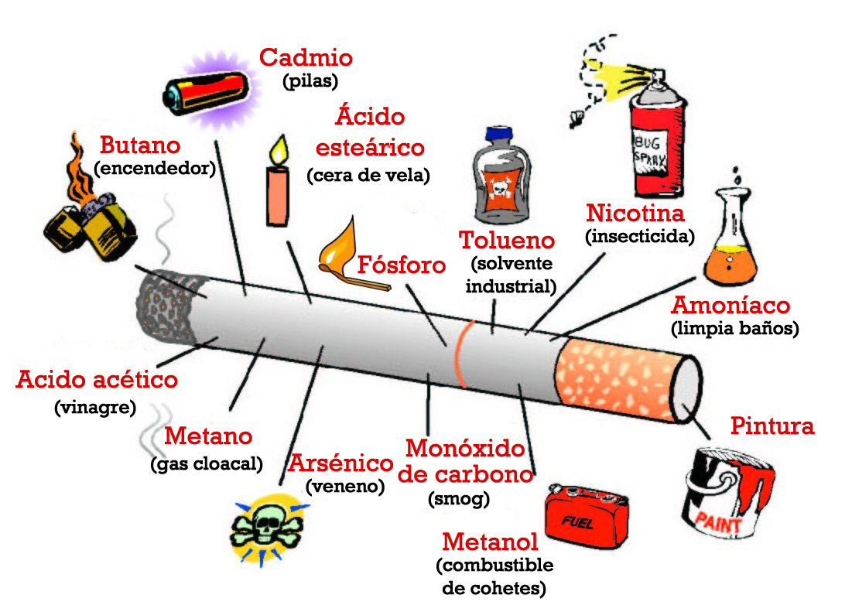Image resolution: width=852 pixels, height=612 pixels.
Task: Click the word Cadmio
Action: pyautogui.click(x=306, y=57)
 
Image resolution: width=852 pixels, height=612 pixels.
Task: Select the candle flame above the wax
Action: pyautogui.click(x=279, y=149)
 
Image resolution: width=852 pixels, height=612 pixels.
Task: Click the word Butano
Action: pyautogui.click(x=140, y=145)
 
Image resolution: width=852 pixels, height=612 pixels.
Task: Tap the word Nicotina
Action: pyautogui.click(x=635, y=213)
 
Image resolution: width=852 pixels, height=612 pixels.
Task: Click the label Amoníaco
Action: pyautogui.click(x=731, y=305)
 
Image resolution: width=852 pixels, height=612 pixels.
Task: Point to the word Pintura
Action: pyautogui.click(x=772, y=426)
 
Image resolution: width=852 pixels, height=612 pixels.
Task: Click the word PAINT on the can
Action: pyautogui.click(x=718, y=522)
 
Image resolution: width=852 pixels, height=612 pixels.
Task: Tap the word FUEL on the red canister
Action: pyautogui.click(x=577, y=522)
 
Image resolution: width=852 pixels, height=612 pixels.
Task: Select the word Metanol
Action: pyautogui.click(x=490, y=542)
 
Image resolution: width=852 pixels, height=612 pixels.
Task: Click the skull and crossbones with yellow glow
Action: pyautogui.click(x=266, y=528)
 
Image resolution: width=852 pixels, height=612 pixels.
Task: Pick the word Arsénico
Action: pyautogui.click(x=340, y=463)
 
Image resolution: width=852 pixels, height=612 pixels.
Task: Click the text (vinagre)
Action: pyautogui.click(x=95, y=407)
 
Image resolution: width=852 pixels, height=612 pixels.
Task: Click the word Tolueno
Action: pyautogui.click(x=507, y=240)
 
